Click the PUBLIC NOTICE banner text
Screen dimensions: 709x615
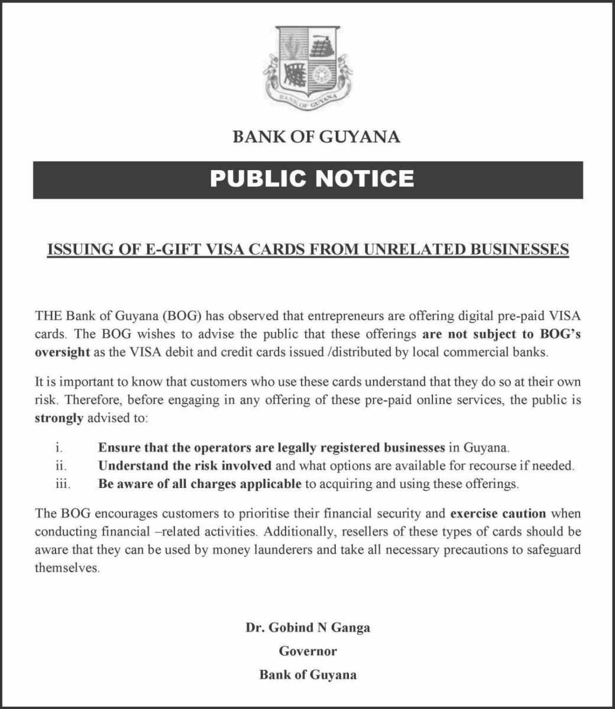point(312,178)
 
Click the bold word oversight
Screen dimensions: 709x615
point(62,353)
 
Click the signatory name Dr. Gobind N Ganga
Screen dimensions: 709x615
point(307,627)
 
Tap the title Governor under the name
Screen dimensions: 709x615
point(307,651)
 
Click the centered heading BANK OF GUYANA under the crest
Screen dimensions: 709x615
point(316,137)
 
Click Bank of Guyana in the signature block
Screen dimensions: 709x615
point(307,675)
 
